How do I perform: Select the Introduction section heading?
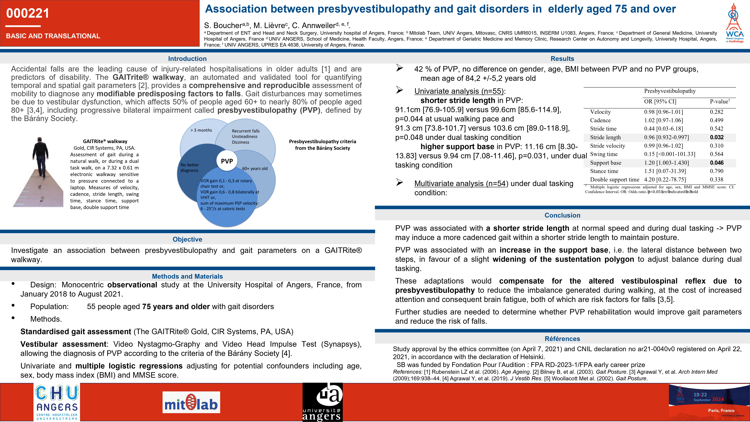(x=187, y=59)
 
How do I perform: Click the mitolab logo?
(x=191, y=402)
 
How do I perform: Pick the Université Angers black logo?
(x=322, y=402)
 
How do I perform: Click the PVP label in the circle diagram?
(x=227, y=161)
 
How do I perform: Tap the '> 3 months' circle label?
(x=201, y=130)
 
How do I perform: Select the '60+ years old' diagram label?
(x=255, y=168)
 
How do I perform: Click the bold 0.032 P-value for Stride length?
(x=717, y=137)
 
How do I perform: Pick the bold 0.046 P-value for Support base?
(x=717, y=163)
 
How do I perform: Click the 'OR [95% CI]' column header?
(x=660, y=101)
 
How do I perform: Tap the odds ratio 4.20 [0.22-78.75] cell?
(x=665, y=179)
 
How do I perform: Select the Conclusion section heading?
(x=562, y=215)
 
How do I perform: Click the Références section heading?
(x=562, y=339)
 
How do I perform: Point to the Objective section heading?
(x=187, y=239)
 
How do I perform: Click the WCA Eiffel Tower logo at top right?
(x=734, y=23)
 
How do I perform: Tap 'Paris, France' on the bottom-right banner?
(x=721, y=410)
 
